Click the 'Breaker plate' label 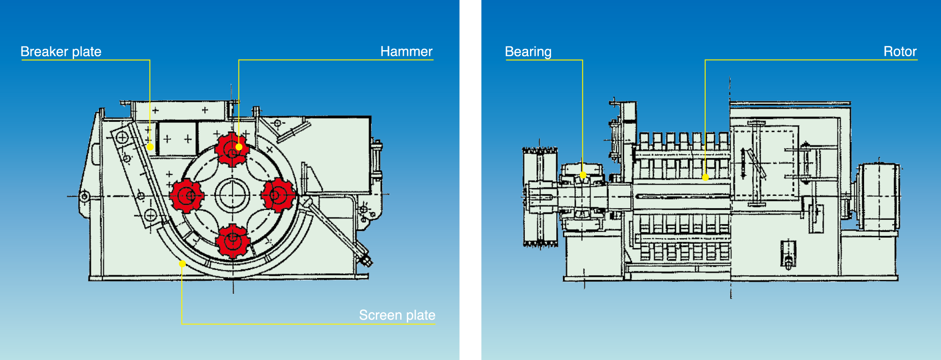[x=61, y=52]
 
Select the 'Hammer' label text [x=406, y=52]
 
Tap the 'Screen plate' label [x=397, y=315]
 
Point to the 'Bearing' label [x=528, y=52]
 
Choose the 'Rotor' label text [x=900, y=52]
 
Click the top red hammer [x=232, y=150]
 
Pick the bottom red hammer [x=232, y=241]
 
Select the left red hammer [x=186, y=195]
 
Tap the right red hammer [x=278, y=195]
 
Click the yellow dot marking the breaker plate [x=150, y=147]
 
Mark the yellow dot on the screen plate [x=182, y=264]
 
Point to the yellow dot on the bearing [x=583, y=175]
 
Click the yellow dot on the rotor [x=705, y=177]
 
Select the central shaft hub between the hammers [x=232, y=195]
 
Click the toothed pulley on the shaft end [x=540, y=197]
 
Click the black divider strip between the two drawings [x=470, y=180]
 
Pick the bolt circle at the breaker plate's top [x=122, y=138]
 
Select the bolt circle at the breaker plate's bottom [x=150, y=215]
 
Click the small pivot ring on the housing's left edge [x=84, y=196]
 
